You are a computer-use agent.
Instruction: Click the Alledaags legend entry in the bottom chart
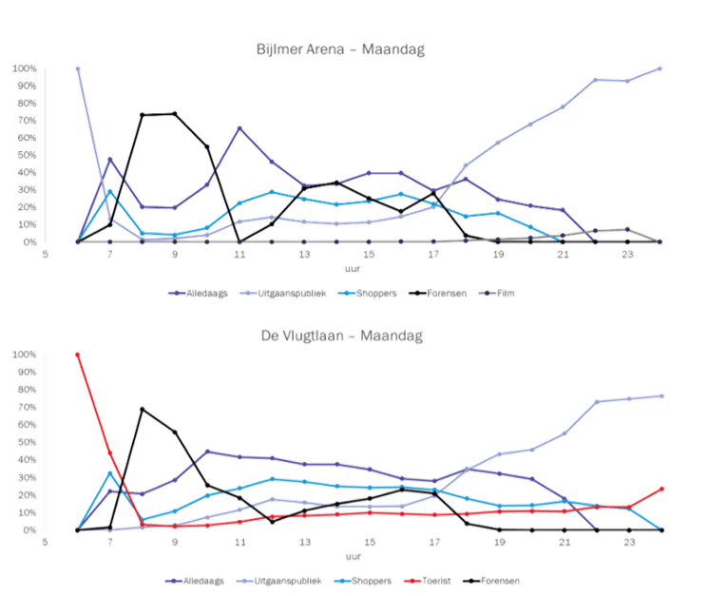point(191,578)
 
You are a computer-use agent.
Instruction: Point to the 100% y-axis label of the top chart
point(25,69)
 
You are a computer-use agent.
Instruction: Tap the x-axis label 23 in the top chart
point(627,256)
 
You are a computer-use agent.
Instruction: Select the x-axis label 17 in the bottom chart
point(434,543)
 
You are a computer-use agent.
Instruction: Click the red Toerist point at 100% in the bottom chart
point(77,354)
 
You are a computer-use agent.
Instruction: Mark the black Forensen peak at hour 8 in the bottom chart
point(143,410)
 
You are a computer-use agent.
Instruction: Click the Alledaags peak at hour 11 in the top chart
point(240,127)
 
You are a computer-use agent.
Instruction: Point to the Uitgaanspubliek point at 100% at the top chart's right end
point(660,68)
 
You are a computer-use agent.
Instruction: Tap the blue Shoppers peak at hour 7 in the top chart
point(110,190)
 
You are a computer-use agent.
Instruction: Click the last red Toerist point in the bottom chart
point(661,489)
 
